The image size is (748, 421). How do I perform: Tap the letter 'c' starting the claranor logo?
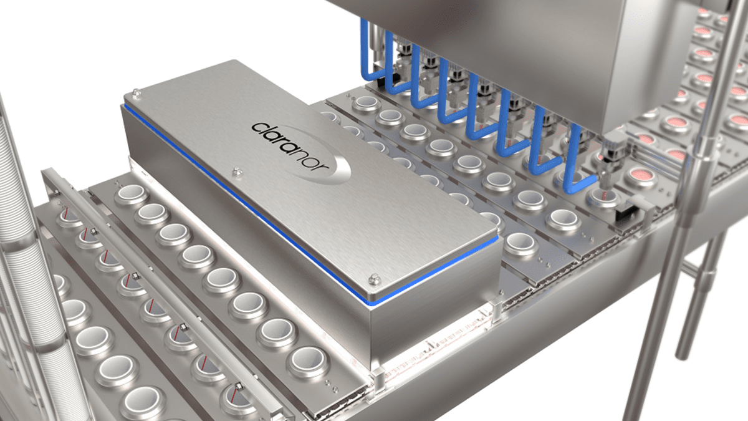[258, 128]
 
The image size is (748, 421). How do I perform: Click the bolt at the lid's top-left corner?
[136, 92]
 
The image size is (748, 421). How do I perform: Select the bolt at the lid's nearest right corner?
[375, 279]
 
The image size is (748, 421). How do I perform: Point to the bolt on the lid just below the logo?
[237, 172]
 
